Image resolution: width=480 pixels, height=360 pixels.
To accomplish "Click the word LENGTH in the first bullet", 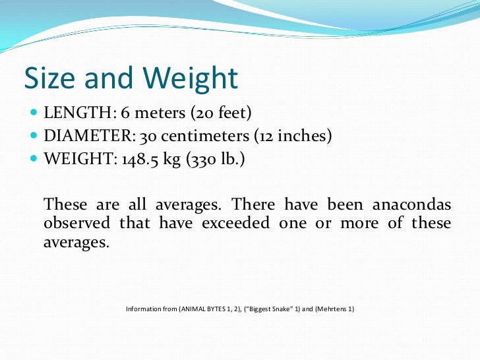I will tap(71, 114).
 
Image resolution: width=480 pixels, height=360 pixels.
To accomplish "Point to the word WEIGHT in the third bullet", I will tap(73, 159).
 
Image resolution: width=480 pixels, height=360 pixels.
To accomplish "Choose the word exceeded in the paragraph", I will tap(237, 223).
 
